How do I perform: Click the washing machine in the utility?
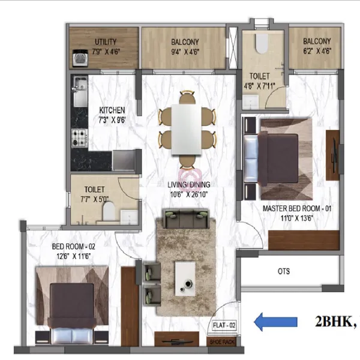click(x=80, y=58)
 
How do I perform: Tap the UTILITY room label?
click(x=106, y=42)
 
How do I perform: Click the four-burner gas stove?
click(x=79, y=138)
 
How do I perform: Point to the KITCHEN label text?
click(x=112, y=110)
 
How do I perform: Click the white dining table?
click(x=187, y=129)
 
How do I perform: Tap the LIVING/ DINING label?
click(x=189, y=184)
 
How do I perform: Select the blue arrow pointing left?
click(x=275, y=322)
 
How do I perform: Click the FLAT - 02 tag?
click(x=224, y=325)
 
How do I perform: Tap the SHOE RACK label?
click(x=222, y=341)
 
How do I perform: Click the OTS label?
click(x=284, y=271)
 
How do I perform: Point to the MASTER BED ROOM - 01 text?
click(x=297, y=208)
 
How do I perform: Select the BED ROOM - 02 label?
click(x=73, y=247)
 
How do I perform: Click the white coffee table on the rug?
click(x=185, y=279)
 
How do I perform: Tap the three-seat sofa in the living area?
click(x=186, y=218)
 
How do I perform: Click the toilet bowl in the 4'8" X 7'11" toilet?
click(x=262, y=44)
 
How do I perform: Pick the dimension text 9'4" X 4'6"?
click(x=185, y=52)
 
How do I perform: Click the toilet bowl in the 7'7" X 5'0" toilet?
click(x=109, y=211)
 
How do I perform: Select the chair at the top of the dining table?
click(x=187, y=97)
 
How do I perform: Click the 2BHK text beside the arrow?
click(x=335, y=322)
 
